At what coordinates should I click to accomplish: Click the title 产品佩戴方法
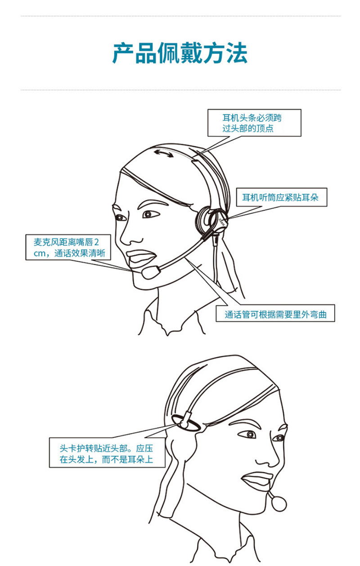coord(180,53)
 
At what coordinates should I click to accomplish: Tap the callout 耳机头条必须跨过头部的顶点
coord(254,123)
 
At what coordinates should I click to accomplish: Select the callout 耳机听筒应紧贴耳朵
coord(281,197)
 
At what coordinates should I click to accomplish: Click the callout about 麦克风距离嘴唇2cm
coord(68,247)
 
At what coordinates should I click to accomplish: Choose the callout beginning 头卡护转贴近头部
coord(107,454)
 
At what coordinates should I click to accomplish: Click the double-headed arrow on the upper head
coord(164,153)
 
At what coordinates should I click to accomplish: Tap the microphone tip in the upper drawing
coord(151,272)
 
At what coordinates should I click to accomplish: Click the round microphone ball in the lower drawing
coord(279,503)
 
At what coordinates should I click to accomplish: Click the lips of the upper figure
coord(142,257)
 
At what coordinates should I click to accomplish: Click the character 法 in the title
coord(237,53)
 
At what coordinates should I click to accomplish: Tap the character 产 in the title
coord(123,53)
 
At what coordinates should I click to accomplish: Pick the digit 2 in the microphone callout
coord(96,242)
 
